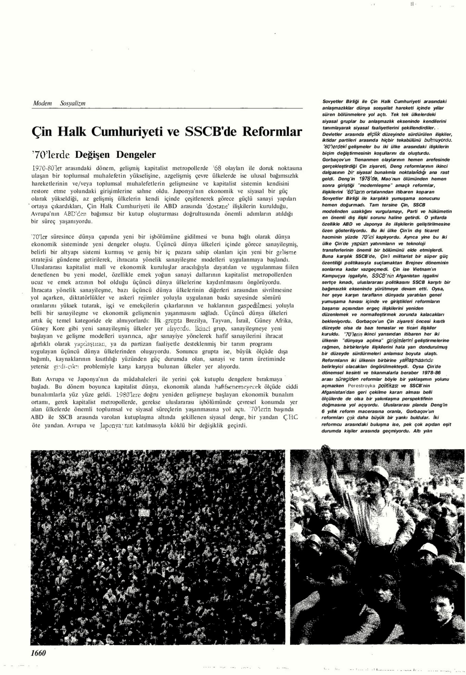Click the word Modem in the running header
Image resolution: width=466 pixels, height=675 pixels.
42,103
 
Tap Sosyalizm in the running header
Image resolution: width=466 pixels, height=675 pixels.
73,103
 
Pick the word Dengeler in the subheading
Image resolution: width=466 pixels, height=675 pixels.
136,154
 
